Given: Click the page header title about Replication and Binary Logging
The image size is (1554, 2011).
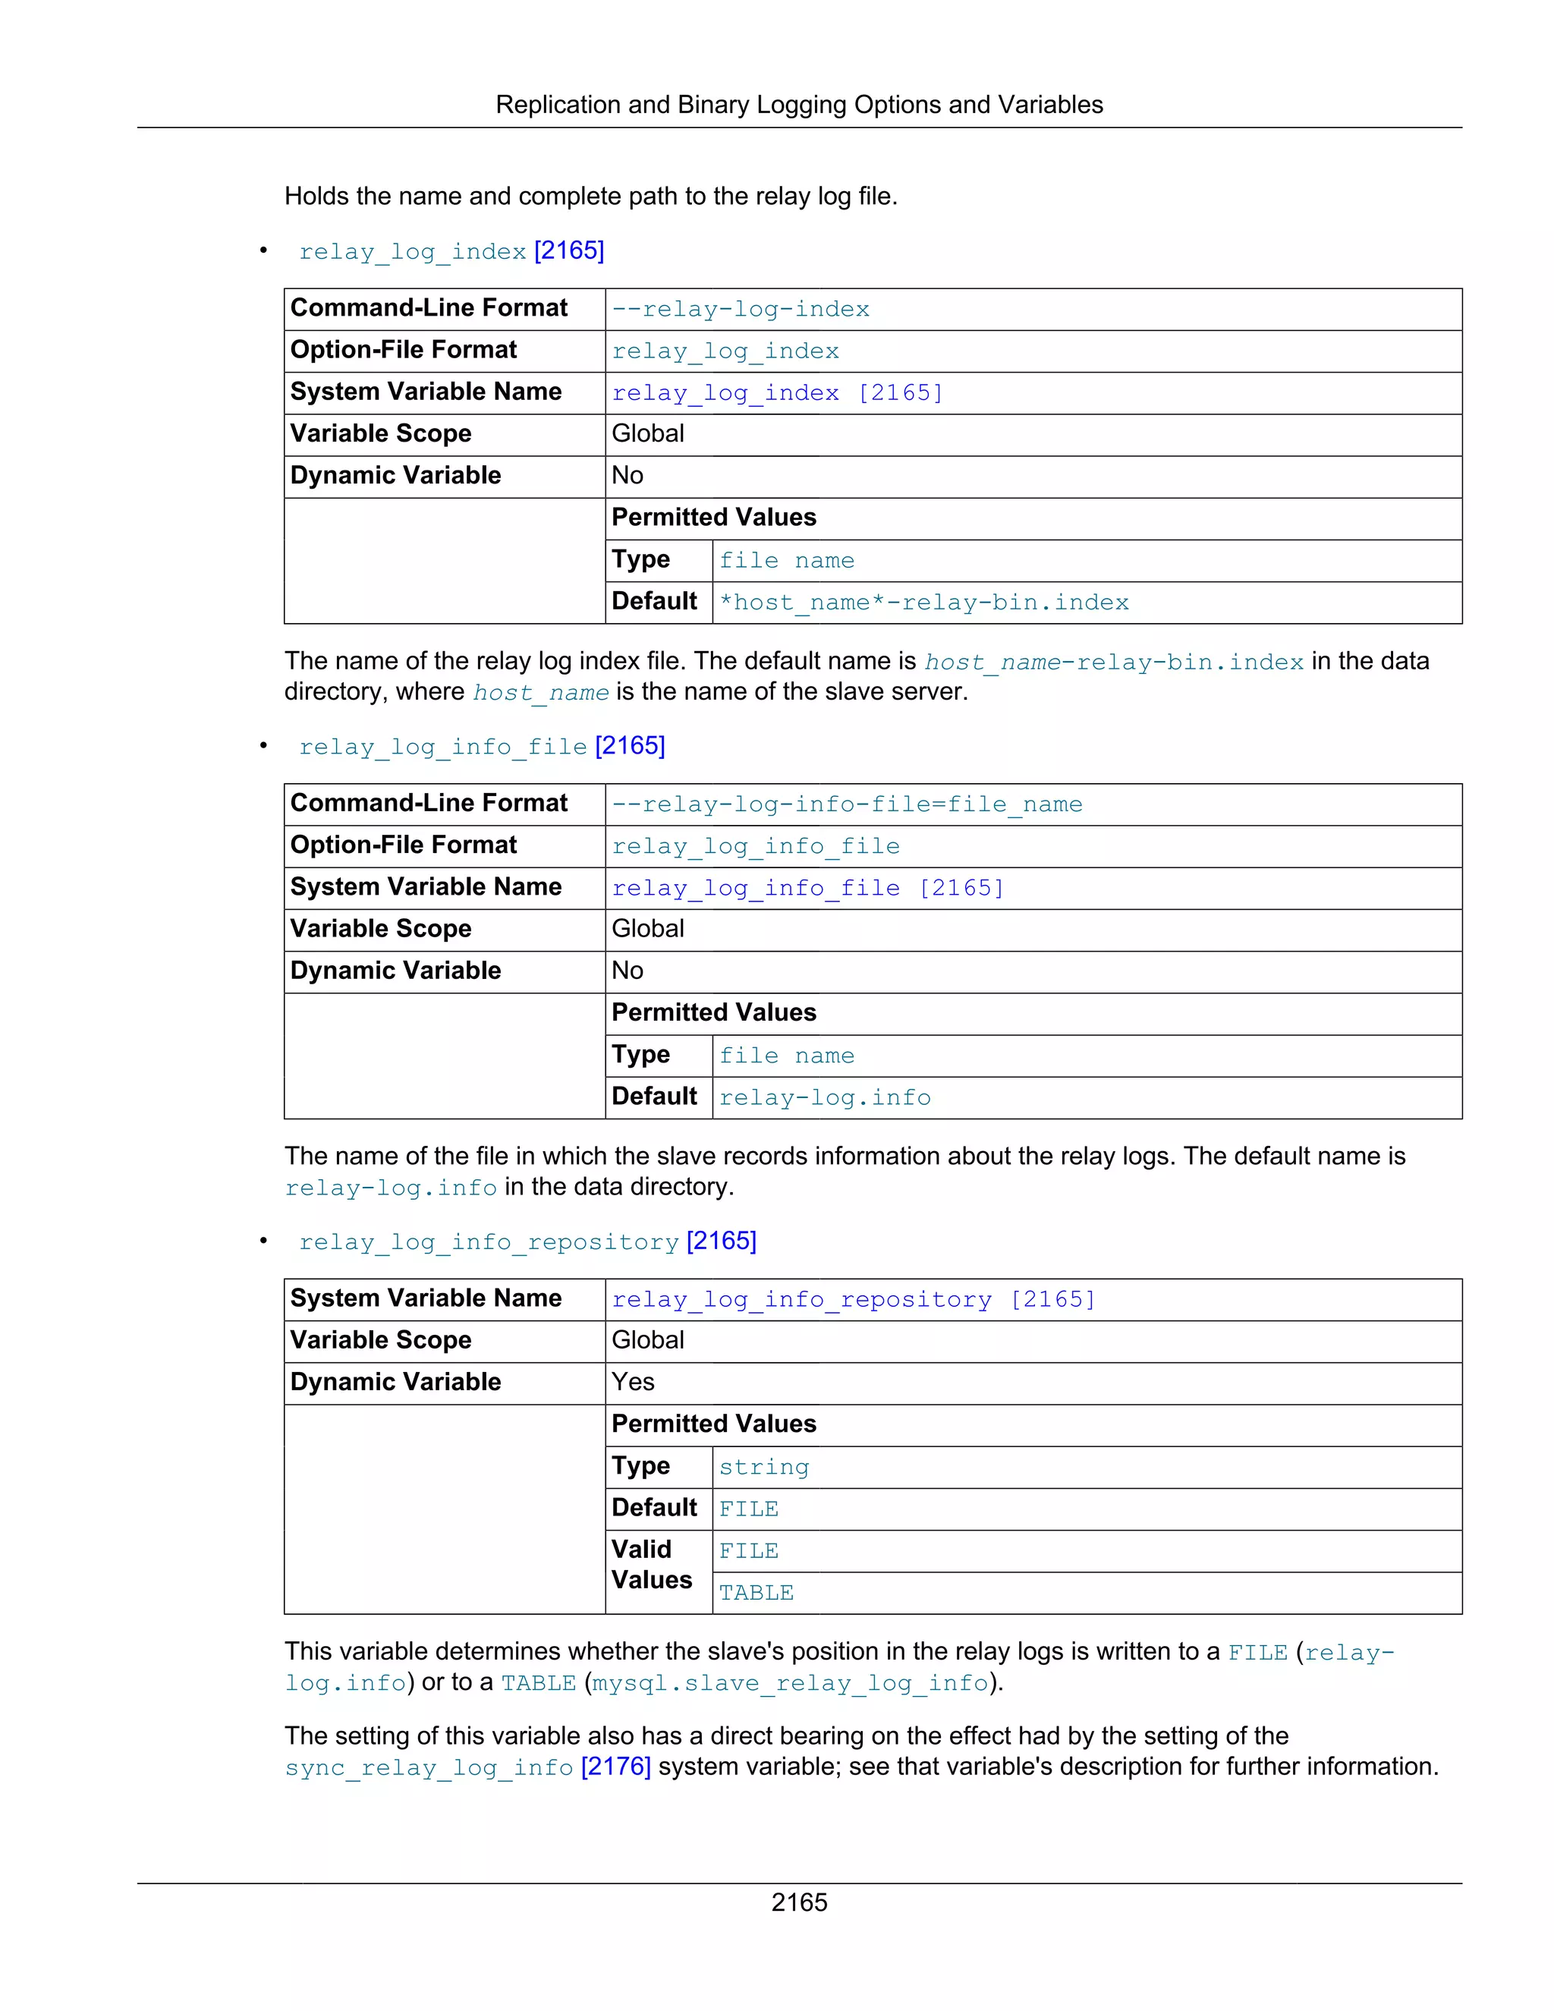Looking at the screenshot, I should (x=798, y=105).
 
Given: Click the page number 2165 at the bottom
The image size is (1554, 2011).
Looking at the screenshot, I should (x=798, y=1902).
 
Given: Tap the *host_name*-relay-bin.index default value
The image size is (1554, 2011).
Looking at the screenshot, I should (x=923, y=603).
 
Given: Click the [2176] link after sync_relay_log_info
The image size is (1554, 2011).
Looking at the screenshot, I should (x=616, y=1766).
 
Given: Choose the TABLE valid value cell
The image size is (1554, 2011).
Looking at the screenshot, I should (x=756, y=1593).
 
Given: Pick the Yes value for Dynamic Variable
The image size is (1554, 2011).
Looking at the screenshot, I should (x=633, y=1382).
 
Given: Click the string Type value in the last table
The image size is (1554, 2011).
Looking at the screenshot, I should (x=763, y=1467).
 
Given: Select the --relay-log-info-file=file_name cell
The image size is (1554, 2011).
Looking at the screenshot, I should (x=847, y=804).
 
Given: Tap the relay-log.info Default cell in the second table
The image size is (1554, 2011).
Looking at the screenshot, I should (x=825, y=1097).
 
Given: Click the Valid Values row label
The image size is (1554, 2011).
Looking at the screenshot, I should (x=652, y=1565).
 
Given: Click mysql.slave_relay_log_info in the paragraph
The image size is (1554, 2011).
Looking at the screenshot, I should (x=790, y=1683).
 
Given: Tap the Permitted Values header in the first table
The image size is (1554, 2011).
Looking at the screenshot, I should (x=713, y=518).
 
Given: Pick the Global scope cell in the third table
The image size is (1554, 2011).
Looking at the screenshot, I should (x=647, y=1341).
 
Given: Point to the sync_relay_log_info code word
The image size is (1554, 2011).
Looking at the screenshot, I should (x=429, y=1768).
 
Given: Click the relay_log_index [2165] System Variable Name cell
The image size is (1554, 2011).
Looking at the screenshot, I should (x=777, y=393).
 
